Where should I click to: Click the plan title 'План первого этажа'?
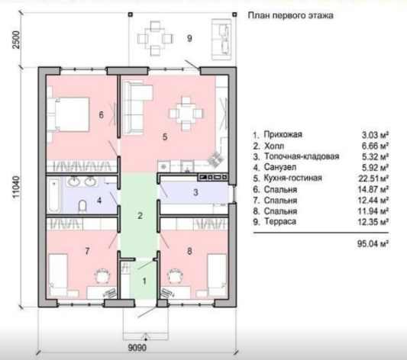pos(290,15)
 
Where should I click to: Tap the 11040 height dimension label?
pos(16,187)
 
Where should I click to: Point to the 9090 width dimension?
pos(137,348)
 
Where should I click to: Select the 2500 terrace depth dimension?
pos(16,40)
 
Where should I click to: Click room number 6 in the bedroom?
pos(102,114)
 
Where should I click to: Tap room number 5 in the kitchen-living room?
pos(165,137)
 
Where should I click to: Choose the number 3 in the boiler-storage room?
pos(195,192)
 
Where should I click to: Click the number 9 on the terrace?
pos(189,38)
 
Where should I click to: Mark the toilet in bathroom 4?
pos(82,207)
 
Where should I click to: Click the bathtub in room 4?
pos(54,194)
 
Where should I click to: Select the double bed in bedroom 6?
pos(69,114)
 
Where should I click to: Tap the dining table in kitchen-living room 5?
pos(186,113)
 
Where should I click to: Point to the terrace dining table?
pos(155,38)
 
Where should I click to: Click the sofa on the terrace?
pos(221,39)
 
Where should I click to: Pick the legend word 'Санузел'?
pos(280,167)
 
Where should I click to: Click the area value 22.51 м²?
pos(373,178)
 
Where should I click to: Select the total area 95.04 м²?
pos(373,243)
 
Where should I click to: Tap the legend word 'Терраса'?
pos(279,222)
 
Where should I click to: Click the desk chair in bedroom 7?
pos(103,276)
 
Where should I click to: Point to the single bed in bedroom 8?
pos(216,275)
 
